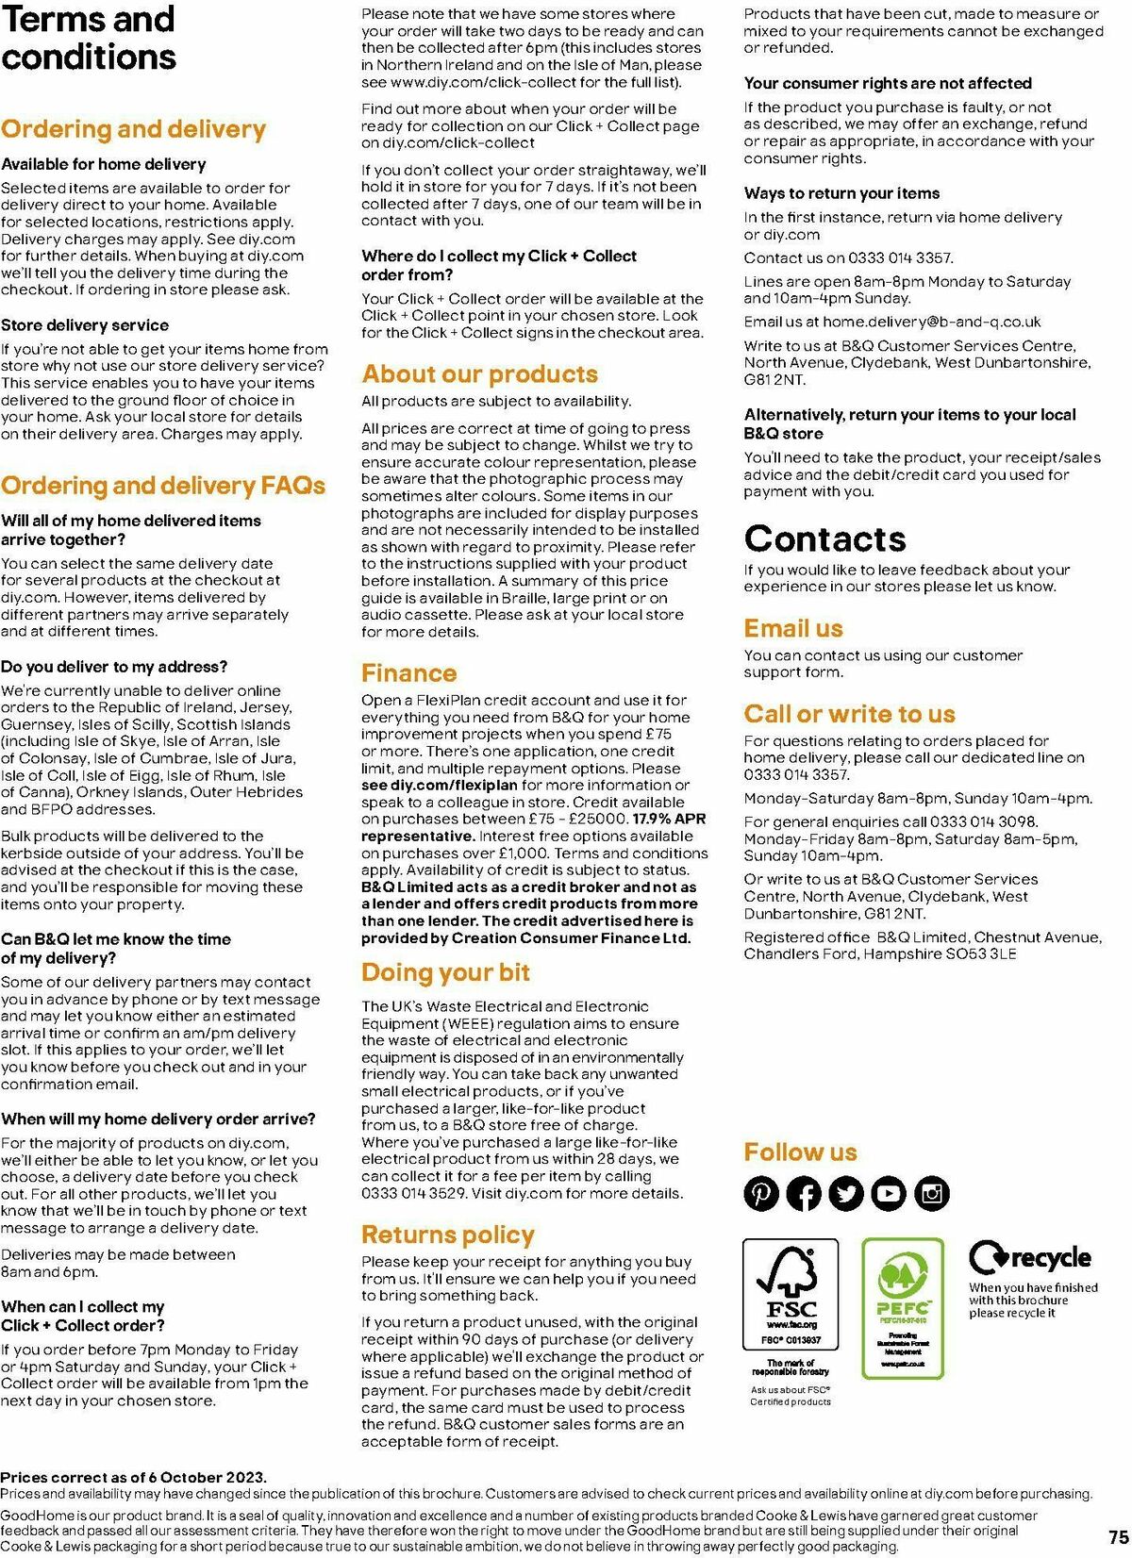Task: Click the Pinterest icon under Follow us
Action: pos(761,1193)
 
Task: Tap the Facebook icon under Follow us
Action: pos(804,1193)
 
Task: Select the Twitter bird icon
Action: pos(846,1193)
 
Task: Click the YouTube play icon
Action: pos(889,1193)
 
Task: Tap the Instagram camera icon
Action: pos(932,1193)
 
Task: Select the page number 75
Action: pos(1118,1534)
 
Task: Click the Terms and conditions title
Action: pos(88,38)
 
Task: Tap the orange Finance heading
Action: pos(408,672)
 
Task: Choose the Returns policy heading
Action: pos(447,1235)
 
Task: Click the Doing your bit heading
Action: pos(445,972)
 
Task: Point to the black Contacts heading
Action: pos(824,539)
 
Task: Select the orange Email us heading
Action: pos(793,628)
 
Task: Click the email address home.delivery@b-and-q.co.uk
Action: pos(931,322)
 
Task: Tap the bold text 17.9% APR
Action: pos(669,819)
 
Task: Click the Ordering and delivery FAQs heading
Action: pos(163,486)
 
